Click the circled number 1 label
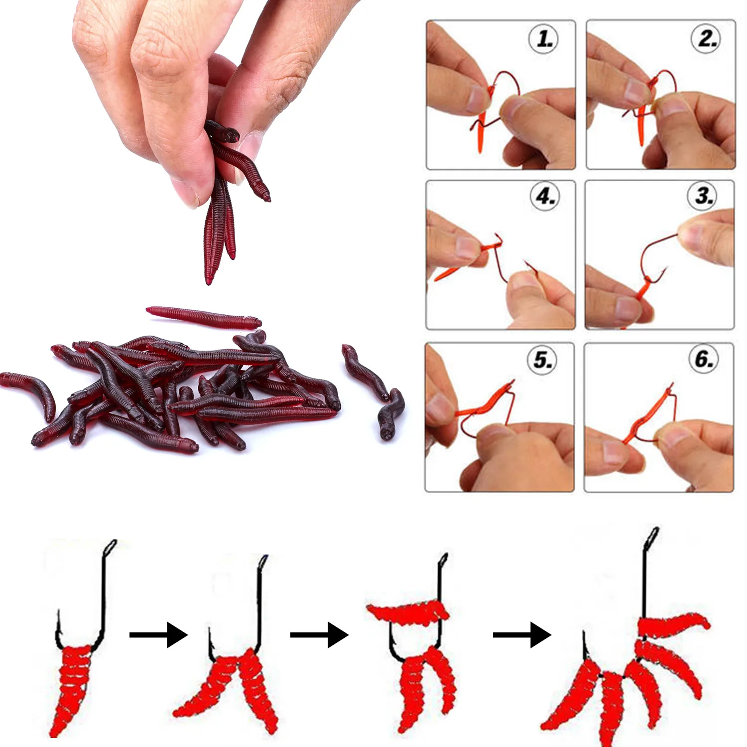coord(543,39)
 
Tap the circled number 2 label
coord(706,38)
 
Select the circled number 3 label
coord(703,196)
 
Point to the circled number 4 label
coord(545,196)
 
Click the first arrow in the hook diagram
coord(158,634)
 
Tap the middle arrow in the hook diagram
coord(319,634)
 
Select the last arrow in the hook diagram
coord(521,634)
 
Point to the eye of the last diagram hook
coord(652,537)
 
